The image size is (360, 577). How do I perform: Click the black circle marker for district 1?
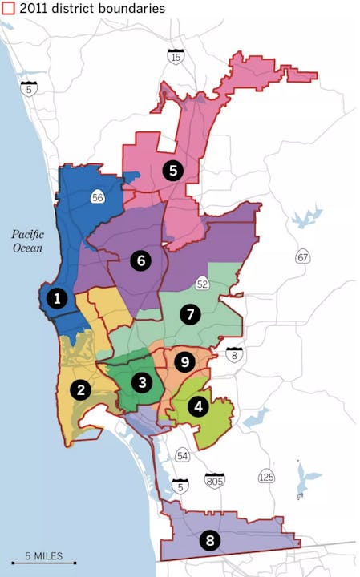(56, 299)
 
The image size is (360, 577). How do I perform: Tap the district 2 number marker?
(80, 390)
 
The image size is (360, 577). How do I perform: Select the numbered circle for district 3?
(142, 382)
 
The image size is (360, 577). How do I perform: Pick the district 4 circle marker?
(197, 406)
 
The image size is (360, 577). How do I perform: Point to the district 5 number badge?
(172, 169)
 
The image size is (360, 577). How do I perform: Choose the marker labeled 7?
(190, 314)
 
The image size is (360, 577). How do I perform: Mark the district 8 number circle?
(210, 541)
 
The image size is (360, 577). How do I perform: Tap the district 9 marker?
(184, 362)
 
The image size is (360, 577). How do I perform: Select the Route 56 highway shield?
(98, 196)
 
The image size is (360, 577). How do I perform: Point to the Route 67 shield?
(303, 257)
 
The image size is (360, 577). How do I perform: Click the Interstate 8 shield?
(233, 355)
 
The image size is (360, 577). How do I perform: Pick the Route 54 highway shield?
(183, 456)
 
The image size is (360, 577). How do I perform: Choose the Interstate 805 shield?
(214, 481)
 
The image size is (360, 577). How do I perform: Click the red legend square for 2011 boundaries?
(7, 8)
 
